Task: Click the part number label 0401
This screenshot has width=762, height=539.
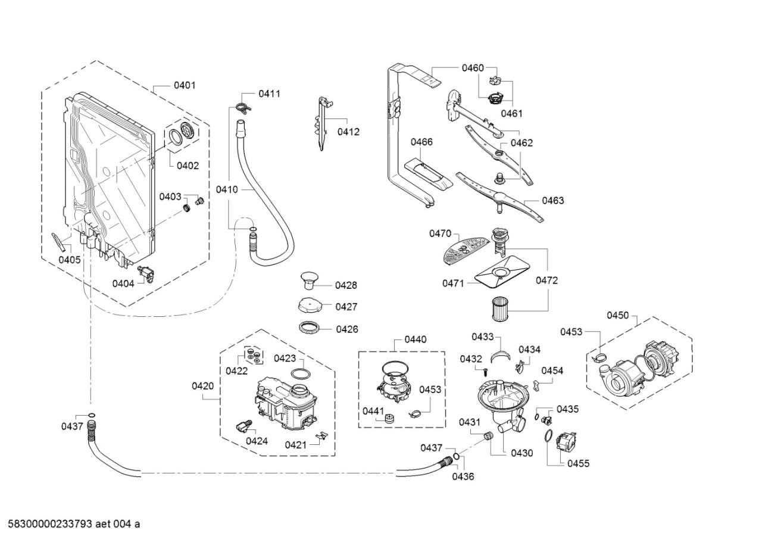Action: [185, 85]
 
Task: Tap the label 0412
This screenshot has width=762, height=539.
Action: [348, 132]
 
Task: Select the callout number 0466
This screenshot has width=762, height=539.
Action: [421, 142]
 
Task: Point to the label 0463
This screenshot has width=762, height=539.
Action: [553, 201]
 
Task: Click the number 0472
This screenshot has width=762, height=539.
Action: [546, 280]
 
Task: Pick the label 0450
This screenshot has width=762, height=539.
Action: [618, 316]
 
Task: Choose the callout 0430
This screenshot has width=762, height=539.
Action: [522, 453]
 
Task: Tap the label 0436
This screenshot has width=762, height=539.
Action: [463, 476]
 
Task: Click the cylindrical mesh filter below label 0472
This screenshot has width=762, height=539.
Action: [499, 309]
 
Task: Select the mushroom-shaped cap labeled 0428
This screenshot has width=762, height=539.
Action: [309, 281]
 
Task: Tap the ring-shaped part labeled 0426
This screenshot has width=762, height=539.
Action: [310, 328]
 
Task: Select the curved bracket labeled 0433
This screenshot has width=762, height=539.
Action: [501, 356]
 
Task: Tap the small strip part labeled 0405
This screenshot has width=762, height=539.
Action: [58, 242]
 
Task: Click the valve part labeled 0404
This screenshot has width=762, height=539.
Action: [146, 275]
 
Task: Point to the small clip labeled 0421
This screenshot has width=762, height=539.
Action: [323, 435]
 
